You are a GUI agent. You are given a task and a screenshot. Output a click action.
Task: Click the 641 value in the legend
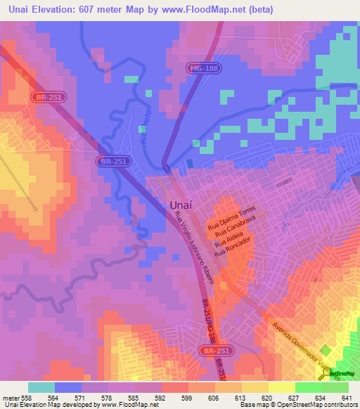(x=346, y=397)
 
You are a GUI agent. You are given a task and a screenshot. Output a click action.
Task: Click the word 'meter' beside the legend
(x=8, y=397)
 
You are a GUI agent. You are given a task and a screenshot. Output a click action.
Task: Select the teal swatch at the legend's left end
(x=41, y=387)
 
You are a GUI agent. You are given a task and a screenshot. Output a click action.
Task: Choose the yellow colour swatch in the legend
(x=281, y=387)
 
